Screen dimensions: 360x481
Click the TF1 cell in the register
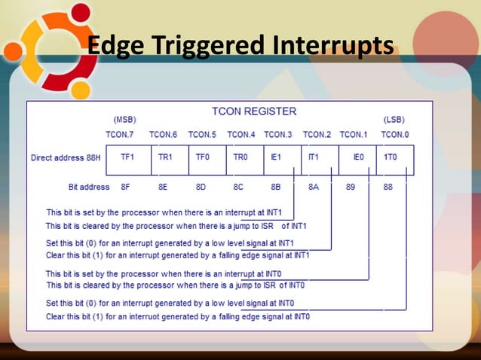[x=127, y=158]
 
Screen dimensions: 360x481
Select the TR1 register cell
[x=165, y=158]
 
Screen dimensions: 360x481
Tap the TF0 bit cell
[x=202, y=158]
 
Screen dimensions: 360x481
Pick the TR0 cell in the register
[x=240, y=158]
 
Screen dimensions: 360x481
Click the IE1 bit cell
[x=276, y=158]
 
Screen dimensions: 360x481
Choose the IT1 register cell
[x=314, y=158]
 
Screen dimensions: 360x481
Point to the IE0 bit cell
[x=358, y=158]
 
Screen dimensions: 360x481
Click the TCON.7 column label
[x=119, y=135]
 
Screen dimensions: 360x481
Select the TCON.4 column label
[x=241, y=135]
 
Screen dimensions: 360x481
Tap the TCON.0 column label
[x=394, y=135]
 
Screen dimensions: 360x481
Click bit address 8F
[x=125, y=187]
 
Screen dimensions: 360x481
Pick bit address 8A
[x=314, y=187]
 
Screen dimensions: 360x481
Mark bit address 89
[x=351, y=187]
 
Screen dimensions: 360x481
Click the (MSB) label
[x=124, y=120]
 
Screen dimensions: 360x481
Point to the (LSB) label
[x=394, y=120]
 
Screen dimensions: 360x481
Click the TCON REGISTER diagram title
[x=254, y=111]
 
